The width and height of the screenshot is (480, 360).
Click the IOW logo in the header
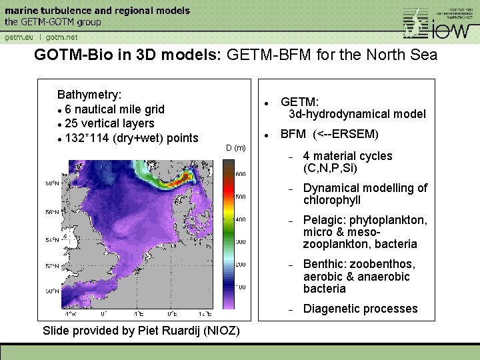(x=440, y=23)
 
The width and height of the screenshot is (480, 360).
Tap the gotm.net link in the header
(x=62, y=37)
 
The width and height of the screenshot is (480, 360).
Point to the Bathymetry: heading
(x=89, y=95)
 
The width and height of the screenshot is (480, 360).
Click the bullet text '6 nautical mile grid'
(x=115, y=109)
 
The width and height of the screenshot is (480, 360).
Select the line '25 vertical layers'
(x=109, y=123)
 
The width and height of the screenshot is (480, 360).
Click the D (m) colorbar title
(x=235, y=147)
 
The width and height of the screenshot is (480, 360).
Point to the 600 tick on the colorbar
(x=239, y=174)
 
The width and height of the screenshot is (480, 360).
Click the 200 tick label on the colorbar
(x=239, y=265)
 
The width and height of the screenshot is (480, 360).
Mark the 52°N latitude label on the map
(x=51, y=265)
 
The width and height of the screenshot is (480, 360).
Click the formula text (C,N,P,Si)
(x=331, y=168)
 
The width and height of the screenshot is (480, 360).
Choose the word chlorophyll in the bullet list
(x=332, y=200)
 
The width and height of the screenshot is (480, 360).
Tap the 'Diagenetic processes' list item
(x=360, y=309)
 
